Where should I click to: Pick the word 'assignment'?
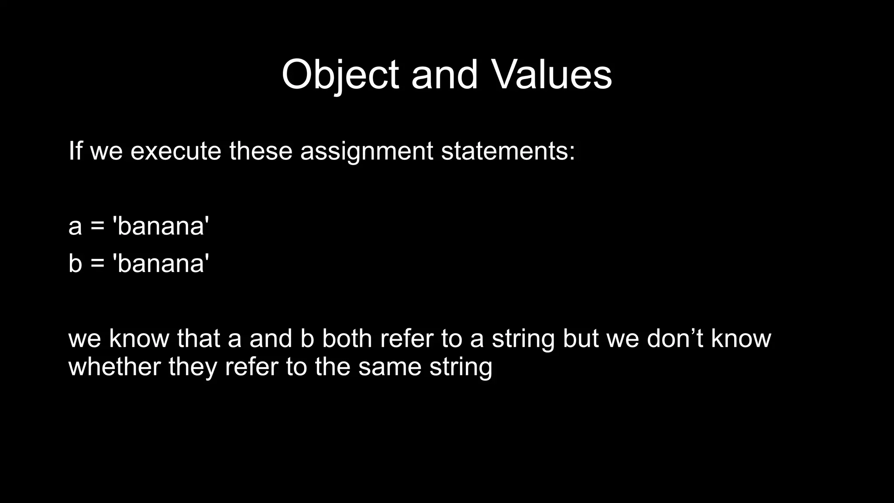(x=366, y=152)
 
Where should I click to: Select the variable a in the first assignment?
(x=75, y=227)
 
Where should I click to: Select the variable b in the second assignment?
(x=75, y=264)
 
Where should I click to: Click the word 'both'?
(x=347, y=338)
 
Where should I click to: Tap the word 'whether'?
(x=114, y=366)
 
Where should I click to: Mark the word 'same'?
(x=389, y=366)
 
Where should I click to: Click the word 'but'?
(x=581, y=338)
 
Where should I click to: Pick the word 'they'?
(x=193, y=366)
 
